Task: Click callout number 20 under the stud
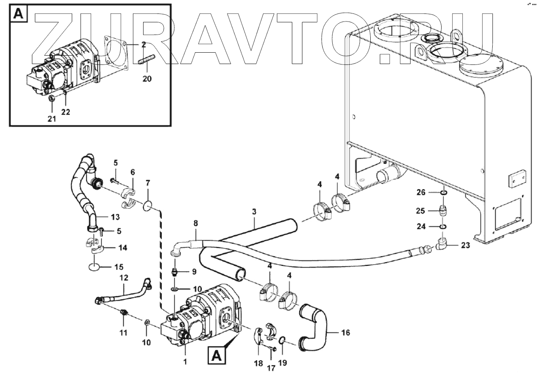tap(146, 78)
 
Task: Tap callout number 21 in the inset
tap(52, 119)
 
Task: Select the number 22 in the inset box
tap(66, 112)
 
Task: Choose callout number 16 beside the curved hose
tap(345, 333)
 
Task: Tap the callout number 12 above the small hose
tap(123, 279)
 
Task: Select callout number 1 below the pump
tap(184, 361)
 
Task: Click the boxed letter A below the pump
tap(217, 357)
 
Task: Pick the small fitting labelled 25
tap(443, 210)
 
